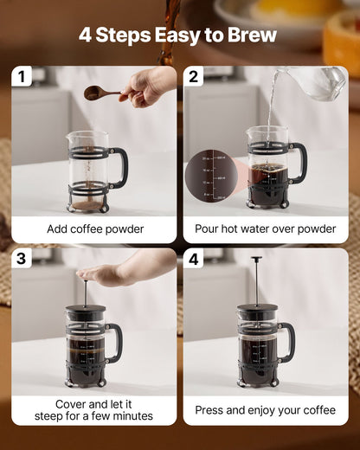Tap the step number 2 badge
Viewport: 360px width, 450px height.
coord(193,77)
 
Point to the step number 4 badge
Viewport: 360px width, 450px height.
coord(193,259)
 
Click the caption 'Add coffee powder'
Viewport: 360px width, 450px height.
coord(94,229)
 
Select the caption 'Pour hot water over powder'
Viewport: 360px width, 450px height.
coord(266,229)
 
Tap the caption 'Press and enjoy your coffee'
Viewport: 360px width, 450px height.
coord(266,410)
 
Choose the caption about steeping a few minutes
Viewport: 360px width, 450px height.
coord(94,410)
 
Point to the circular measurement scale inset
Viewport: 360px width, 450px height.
coord(207,177)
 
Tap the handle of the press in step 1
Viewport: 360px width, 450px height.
coord(120,166)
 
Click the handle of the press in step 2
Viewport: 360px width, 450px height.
coord(299,162)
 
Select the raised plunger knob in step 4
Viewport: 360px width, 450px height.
coord(256,259)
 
